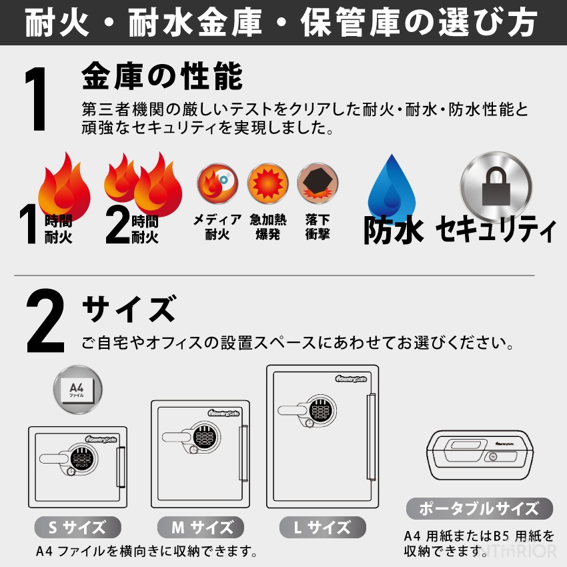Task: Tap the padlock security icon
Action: point(496,187)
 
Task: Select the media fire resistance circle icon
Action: point(217,183)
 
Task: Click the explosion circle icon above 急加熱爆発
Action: point(267,183)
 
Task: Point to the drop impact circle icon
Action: point(318,183)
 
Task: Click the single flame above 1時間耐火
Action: point(64,186)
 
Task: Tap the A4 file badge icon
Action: point(78,390)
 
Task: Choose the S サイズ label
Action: point(77,527)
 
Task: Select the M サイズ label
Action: point(200,527)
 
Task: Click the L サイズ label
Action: point(323,527)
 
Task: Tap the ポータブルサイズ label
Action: point(480,508)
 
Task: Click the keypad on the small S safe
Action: point(83,458)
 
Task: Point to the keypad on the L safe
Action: point(321,410)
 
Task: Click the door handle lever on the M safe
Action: point(177,437)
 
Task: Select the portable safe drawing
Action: point(480,455)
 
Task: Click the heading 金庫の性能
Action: point(162,76)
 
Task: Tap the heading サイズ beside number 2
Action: point(129,308)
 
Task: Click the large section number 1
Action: point(35,99)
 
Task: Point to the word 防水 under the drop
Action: point(394,229)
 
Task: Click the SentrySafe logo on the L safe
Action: point(351,379)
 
